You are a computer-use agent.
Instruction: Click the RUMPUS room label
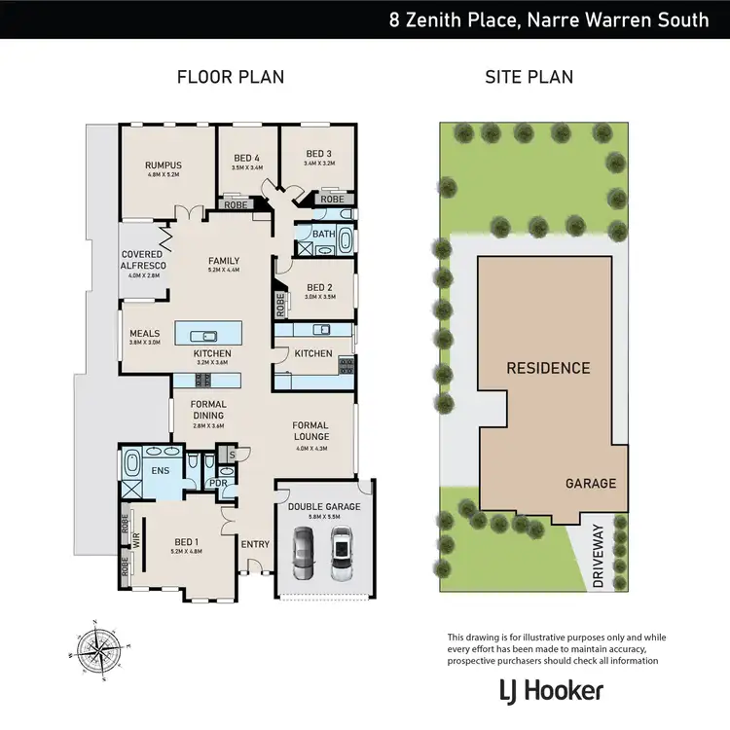pyautogui.click(x=164, y=165)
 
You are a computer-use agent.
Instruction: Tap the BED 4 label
pyautogui.click(x=247, y=158)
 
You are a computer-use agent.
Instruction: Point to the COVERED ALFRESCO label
pyautogui.click(x=143, y=260)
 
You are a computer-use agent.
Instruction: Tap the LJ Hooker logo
pyautogui.click(x=552, y=691)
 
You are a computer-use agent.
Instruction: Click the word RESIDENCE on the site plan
pyautogui.click(x=547, y=368)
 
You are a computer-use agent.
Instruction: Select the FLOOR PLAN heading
pyautogui.click(x=230, y=77)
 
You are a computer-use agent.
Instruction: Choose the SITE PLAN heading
pyautogui.click(x=529, y=77)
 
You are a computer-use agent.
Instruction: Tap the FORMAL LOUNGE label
pyautogui.click(x=310, y=431)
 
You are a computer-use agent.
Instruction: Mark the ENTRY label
pyautogui.click(x=255, y=544)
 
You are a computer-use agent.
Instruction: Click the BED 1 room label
pyautogui.click(x=187, y=543)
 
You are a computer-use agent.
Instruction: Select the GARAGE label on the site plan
pyautogui.click(x=592, y=483)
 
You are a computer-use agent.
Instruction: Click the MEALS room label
pyautogui.click(x=144, y=334)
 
